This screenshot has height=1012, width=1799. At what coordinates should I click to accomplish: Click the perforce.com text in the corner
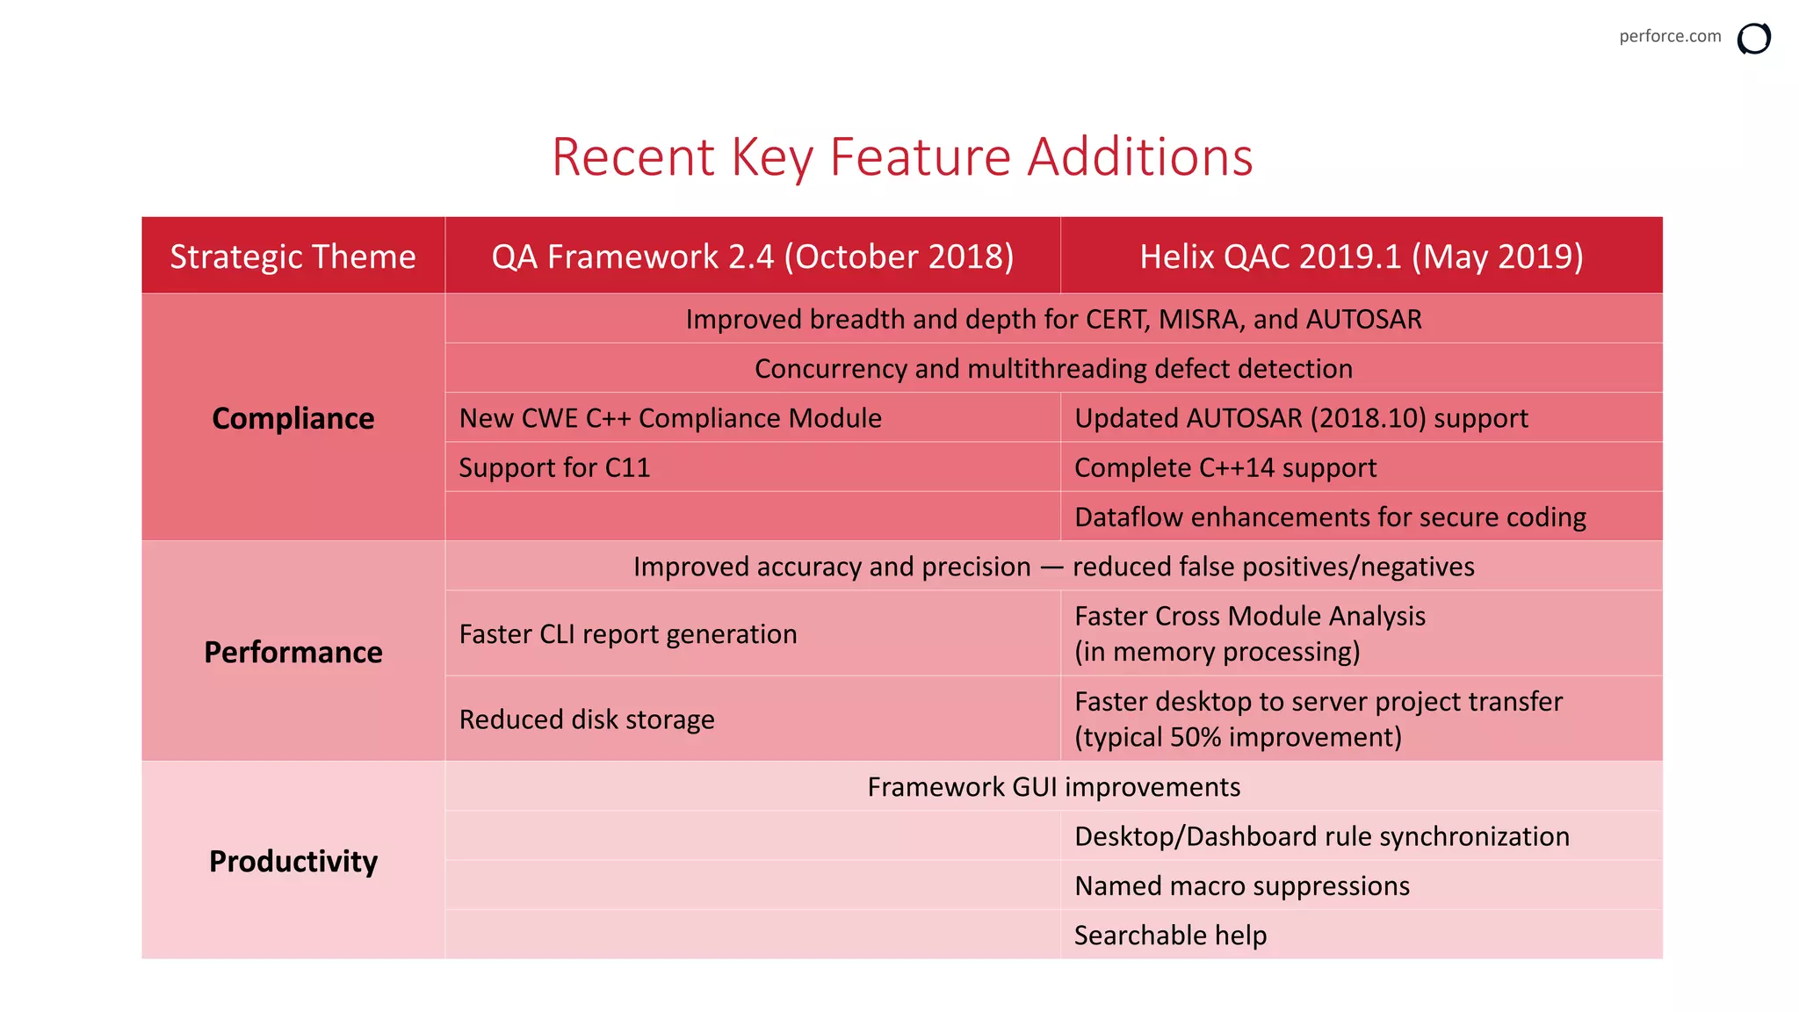coord(1669,36)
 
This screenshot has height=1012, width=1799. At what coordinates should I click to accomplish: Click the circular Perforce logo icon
coord(1753,39)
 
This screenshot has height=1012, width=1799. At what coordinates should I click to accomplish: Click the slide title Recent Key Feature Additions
coord(901,157)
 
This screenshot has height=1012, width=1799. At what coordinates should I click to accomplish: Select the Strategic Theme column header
coord(293,257)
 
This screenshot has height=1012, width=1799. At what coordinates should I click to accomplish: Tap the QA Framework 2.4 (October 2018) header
coord(752,257)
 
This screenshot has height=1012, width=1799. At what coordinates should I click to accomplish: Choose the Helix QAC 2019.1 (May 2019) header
coord(1361,257)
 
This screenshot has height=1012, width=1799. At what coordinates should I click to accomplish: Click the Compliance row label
coord(293,418)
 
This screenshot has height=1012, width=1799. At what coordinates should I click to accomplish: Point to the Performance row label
coord(293,652)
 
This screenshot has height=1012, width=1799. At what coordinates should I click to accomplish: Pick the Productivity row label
coord(293,861)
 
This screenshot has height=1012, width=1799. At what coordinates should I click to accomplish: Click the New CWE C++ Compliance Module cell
coord(669,418)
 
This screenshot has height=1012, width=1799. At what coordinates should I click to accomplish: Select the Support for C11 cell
coord(554,467)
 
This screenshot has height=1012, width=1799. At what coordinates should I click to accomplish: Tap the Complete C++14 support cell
coord(1225,467)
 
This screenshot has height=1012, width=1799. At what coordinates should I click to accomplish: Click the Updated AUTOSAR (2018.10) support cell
coord(1300,418)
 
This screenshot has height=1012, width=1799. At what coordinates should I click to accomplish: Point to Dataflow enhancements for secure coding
coord(1329,517)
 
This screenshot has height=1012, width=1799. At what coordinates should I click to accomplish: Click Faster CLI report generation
coord(627,634)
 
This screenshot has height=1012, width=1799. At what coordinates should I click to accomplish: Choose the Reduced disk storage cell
coord(586,719)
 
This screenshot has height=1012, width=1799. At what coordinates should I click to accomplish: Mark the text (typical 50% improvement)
coord(1237,737)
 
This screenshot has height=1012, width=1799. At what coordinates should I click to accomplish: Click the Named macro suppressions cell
coord(1241,885)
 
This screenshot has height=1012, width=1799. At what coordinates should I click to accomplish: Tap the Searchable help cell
coord(1169,936)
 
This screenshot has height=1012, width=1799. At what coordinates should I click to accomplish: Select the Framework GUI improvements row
coord(1052,787)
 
